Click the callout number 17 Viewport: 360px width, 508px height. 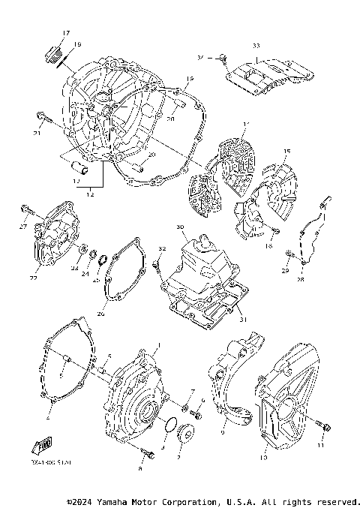(65, 33)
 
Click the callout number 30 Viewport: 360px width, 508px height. (180, 227)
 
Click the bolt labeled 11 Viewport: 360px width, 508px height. (325, 425)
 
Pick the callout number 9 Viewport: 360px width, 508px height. (223, 433)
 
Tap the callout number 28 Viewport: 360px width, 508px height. (300, 280)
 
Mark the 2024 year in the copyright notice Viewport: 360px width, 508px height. (84, 501)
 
